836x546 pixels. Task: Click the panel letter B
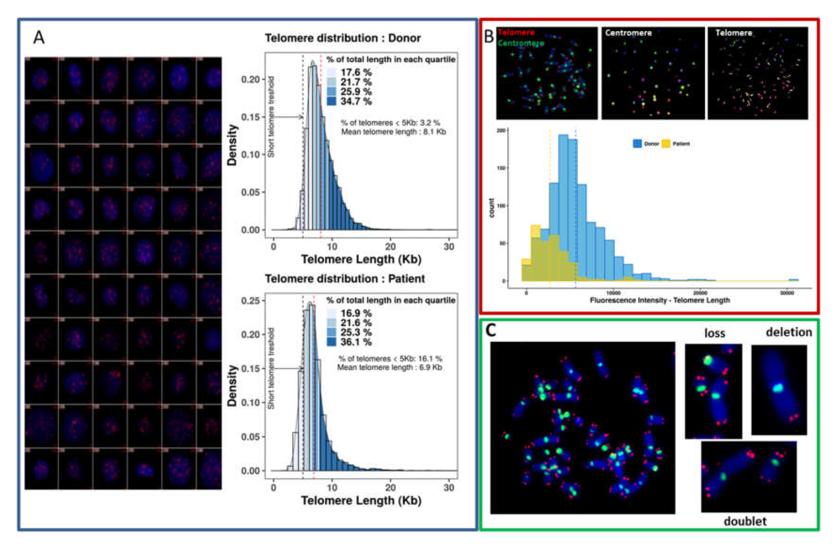click(x=489, y=37)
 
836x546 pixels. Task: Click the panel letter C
click(x=491, y=330)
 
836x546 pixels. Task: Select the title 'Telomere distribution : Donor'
click(x=342, y=38)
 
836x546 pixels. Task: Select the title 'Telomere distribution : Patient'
click(x=345, y=279)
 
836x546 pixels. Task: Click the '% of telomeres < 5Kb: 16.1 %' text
click(x=390, y=359)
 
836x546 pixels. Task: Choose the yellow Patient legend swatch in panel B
click(x=666, y=144)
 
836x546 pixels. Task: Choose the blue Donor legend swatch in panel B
click(x=638, y=144)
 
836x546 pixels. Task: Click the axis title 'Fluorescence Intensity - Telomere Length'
click(x=660, y=300)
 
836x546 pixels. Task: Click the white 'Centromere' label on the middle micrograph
click(x=628, y=33)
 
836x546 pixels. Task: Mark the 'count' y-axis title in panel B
click(x=491, y=208)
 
